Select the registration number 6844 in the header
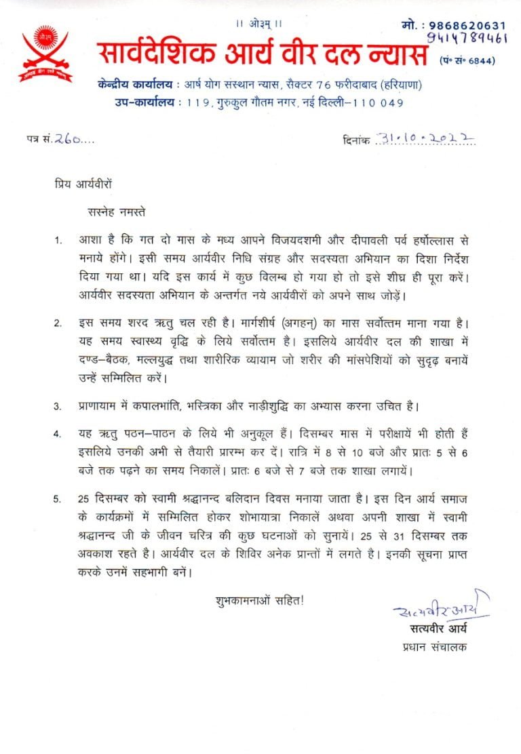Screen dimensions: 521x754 (x=483, y=60)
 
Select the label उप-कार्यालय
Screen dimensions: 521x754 (x=144, y=103)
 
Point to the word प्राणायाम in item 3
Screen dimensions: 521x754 (x=103, y=407)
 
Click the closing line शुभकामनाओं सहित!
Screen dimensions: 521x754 (x=260, y=600)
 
